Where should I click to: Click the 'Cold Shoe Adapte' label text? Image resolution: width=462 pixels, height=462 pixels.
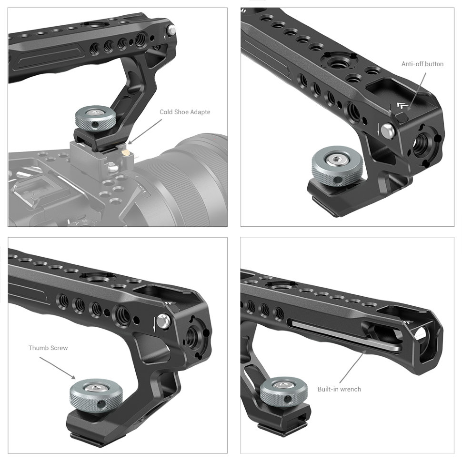coord(185,112)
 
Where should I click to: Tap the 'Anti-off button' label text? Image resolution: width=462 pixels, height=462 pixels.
coord(422,64)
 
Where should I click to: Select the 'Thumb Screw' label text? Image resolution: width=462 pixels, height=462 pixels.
coord(48,348)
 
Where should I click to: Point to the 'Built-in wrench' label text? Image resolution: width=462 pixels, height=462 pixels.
coord(339,389)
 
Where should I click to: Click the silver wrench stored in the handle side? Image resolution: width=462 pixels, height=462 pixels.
coord(343,336)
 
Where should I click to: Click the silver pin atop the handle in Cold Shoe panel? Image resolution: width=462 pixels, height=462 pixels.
coord(171,30)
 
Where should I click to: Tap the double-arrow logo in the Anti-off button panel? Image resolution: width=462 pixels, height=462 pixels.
coord(400,106)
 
